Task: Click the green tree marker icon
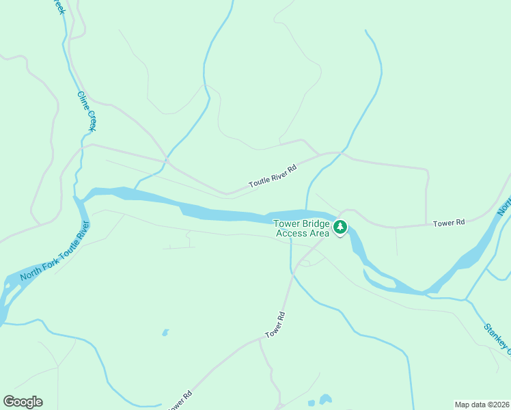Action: coord(340,225)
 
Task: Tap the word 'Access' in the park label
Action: coord(292,233)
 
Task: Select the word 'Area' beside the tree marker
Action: coord(319,233)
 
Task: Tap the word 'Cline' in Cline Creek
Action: coord(83,100)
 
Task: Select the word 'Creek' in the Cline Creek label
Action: coord(90,120)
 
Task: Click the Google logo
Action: coord(23,402)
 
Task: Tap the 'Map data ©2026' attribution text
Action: coord(482,405)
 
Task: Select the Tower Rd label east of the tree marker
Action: coord(449,223)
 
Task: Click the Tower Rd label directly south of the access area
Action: coord(275,325)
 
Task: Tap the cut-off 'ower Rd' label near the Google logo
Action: coord(180,400)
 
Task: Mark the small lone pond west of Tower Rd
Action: coord(165,333)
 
